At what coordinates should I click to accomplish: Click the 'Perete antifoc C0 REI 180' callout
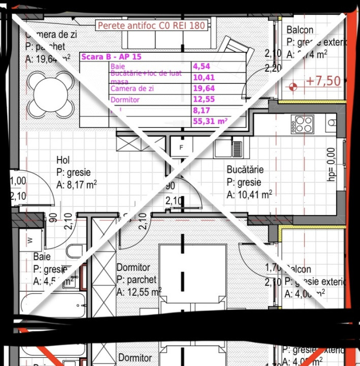point(151,25)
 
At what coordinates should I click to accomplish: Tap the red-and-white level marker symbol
point(292,86)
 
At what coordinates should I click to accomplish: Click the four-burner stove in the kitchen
point(303,124)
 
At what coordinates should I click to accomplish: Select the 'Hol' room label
point(63,161)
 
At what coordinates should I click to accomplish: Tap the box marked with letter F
point(181,147)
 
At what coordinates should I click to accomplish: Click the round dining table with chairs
point(51,93)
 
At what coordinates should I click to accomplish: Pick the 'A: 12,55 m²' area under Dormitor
point(139,292)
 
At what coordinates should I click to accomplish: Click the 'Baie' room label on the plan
point(42,257)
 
